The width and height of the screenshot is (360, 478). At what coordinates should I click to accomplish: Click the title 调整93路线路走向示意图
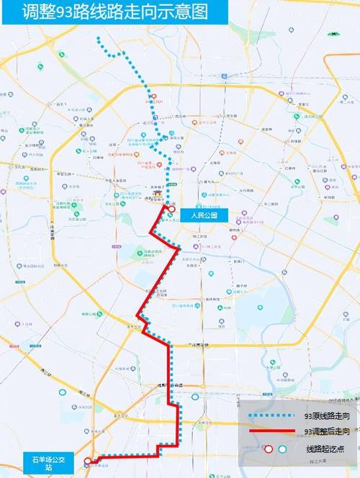pos(114,12)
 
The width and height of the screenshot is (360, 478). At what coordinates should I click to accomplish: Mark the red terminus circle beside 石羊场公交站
pos(88,461)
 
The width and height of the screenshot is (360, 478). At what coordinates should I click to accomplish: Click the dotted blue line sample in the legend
pos(271,416)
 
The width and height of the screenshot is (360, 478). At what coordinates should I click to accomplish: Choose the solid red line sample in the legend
pos(271,431)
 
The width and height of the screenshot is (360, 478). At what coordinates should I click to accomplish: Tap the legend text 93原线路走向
pos(327,416)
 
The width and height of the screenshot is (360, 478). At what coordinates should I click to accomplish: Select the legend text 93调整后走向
pos(327,431)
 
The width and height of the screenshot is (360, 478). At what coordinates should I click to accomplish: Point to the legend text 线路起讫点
pos(327,448)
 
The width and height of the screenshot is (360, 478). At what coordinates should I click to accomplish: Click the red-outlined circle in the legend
pos(268,448)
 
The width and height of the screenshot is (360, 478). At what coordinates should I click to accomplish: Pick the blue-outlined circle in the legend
pos(282,448)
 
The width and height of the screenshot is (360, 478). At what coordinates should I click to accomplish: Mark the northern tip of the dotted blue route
pos(99,40)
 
